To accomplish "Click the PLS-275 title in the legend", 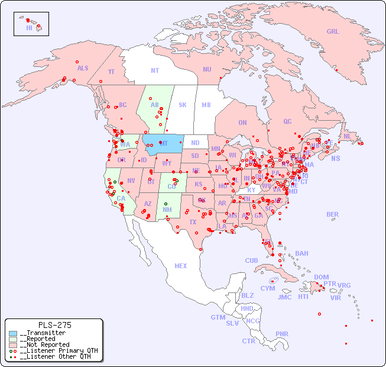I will pyautogui.click(x=54, y=325).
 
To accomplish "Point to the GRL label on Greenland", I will pyautogui.click(x=333, y=32).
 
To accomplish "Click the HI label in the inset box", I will pyautogui.click(x=29, y=27).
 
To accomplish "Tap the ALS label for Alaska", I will pyautogui.click(x=83, y=68).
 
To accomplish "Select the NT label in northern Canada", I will pyautogui.click(x=155, y=70).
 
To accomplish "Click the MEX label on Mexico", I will pyautogui.click(x=181, y=266).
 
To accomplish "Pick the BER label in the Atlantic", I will pyautogui.click(x=333, y=214).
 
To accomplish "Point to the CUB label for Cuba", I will pyautogui.click(x=252, y=260).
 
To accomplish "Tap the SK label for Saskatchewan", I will pyautogui.click(x=183, y=105).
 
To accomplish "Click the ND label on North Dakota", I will pyautogui.click(x=195, y=143).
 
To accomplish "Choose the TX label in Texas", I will pyautogui.click(x=192, y=222).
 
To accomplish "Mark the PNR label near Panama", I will pyautogui.click(x=282, y=334).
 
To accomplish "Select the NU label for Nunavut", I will pyautogui.click(x=207, y=69).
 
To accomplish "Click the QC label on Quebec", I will pyautogui.click(x=287, y=121).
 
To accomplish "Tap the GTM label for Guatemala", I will pyautogui.click(x=218, y=317).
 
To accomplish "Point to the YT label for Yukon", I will pyautogui.click(x=111, y=72).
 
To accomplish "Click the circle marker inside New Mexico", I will pyautogui.click(x=166, y=204).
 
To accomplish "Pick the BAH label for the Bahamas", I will pyautogui.click(x=301, y=253).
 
